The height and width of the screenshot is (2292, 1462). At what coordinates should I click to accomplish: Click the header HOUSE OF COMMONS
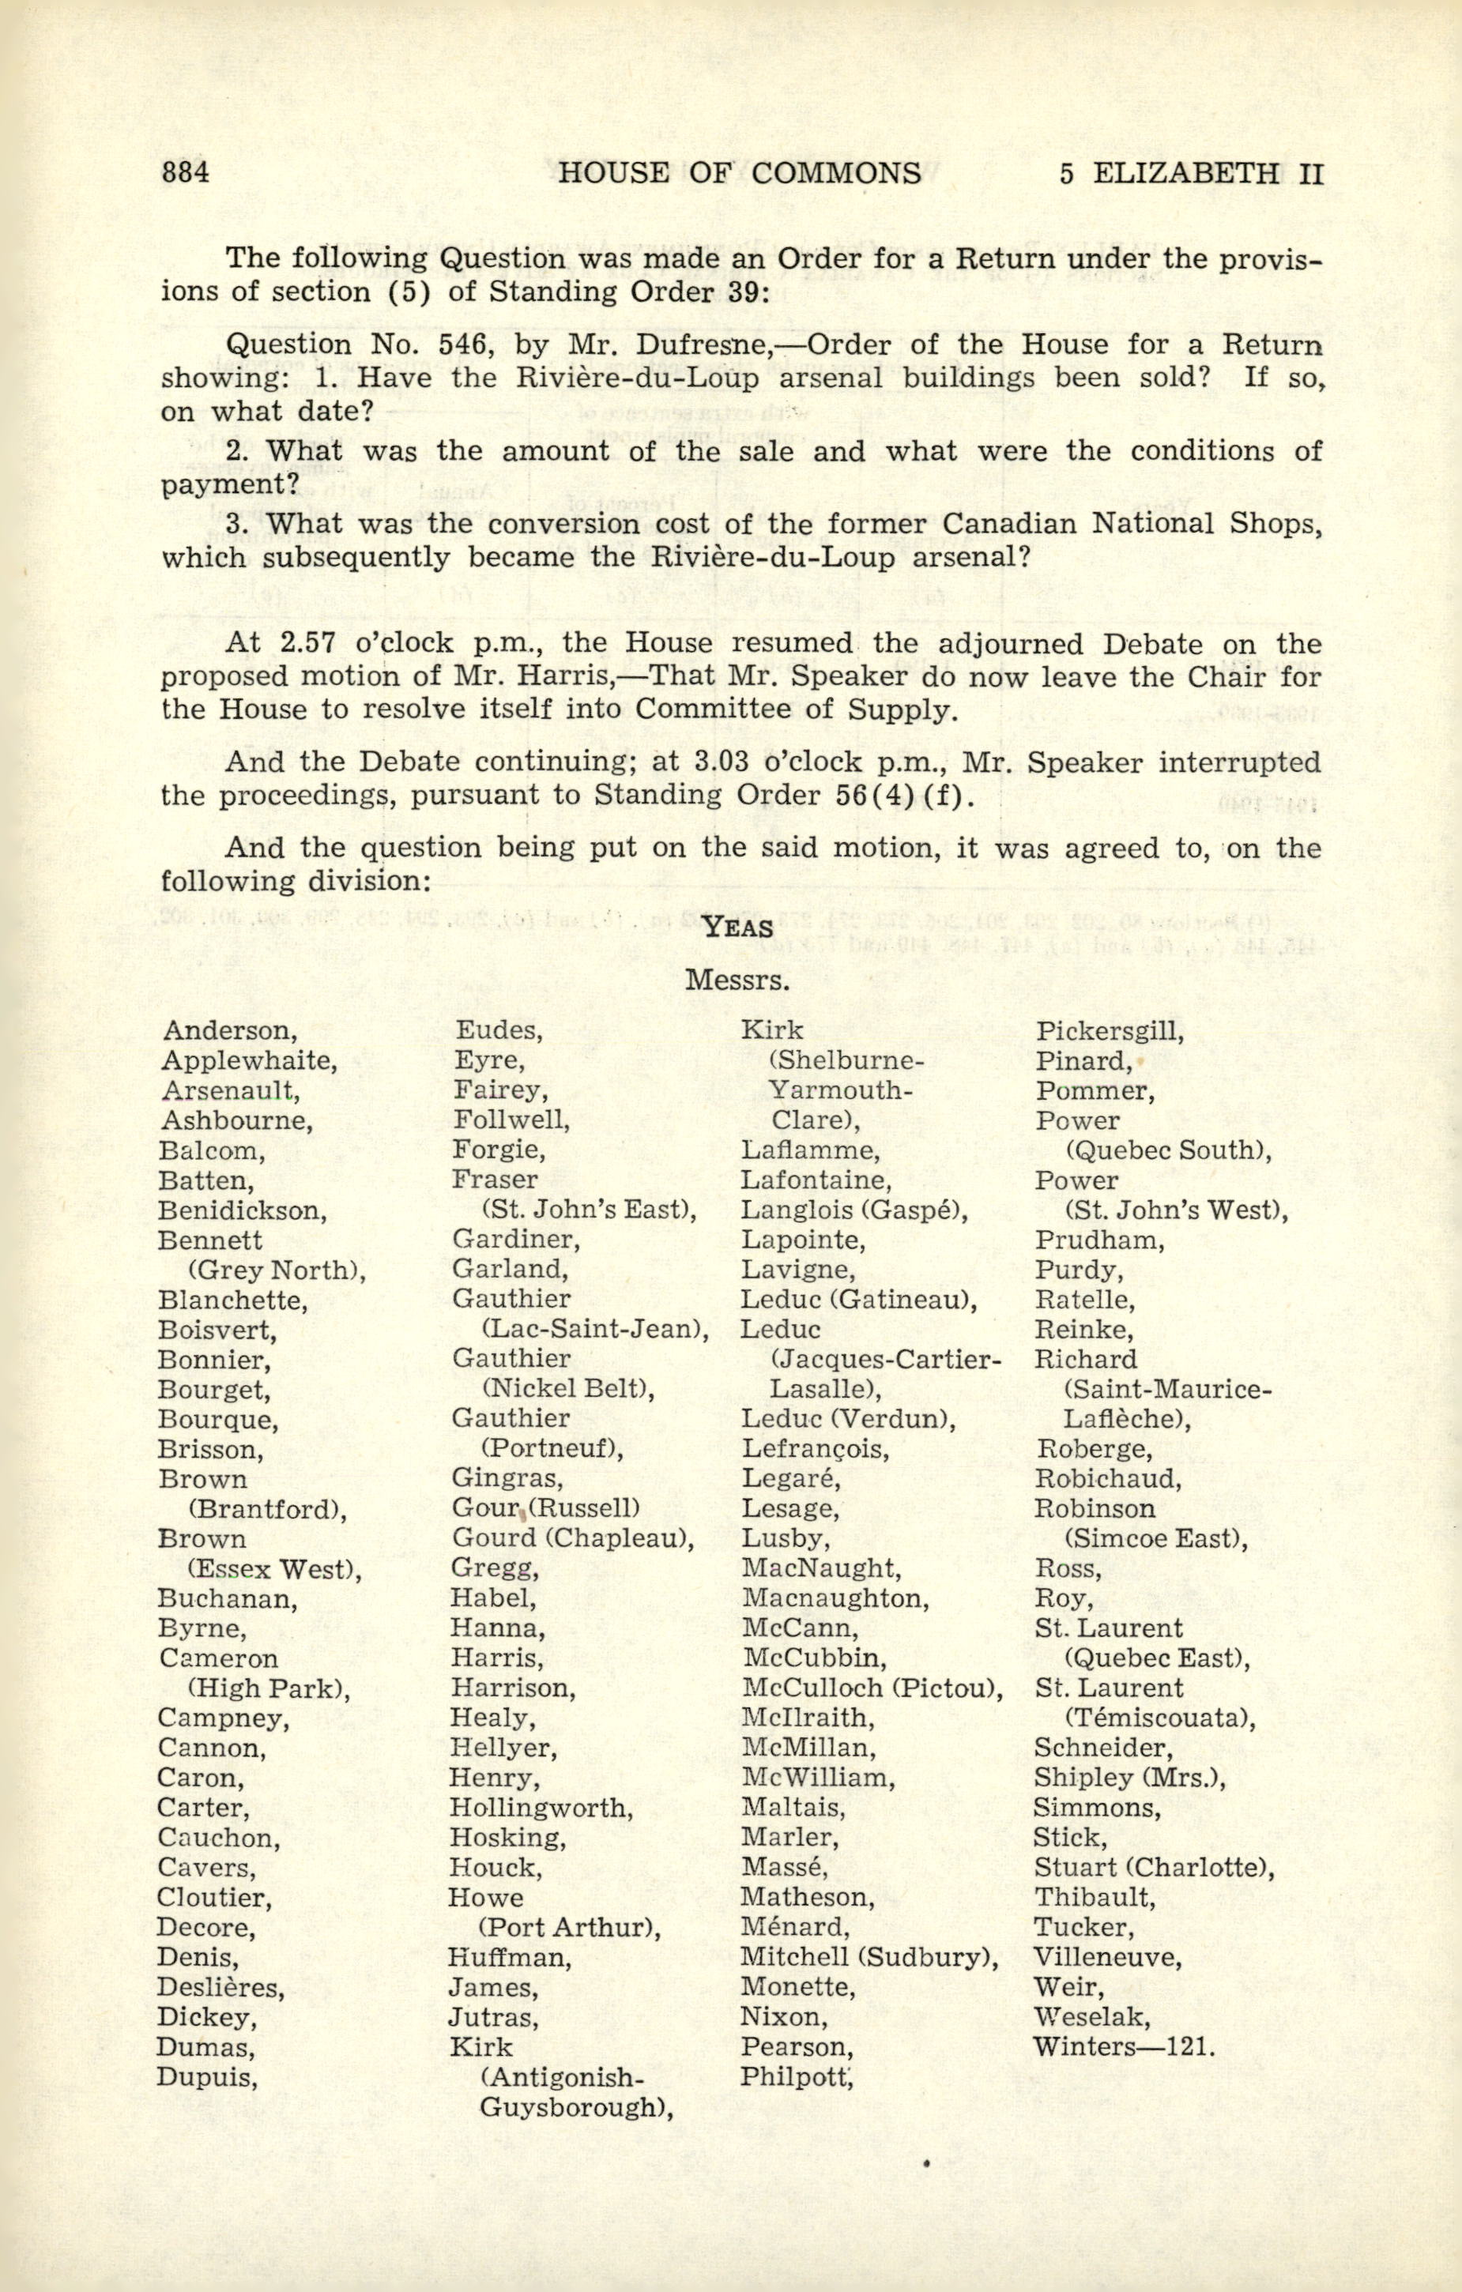point(740,173)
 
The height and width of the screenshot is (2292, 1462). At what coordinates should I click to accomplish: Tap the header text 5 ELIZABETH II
point(1191,173)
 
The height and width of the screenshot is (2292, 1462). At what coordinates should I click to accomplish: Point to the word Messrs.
point(737,980)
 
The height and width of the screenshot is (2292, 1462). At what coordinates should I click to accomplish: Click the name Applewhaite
point(248,1060)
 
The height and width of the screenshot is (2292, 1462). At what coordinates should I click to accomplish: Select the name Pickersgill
point(1110,1031)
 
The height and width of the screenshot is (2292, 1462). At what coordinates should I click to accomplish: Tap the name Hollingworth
point(541,1808)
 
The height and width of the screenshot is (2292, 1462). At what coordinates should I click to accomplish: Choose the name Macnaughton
point(835,1598)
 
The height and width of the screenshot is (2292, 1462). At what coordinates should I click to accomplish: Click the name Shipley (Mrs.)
point(1130,1777)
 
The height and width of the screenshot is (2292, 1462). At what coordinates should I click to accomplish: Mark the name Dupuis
point(208,2076)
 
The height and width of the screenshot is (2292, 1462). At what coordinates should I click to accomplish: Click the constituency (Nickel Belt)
point(567,1389)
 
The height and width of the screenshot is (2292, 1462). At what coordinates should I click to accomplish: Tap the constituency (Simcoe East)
point(1155,1538)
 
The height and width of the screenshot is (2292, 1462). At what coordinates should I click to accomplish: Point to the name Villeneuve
point(1108,1957)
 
